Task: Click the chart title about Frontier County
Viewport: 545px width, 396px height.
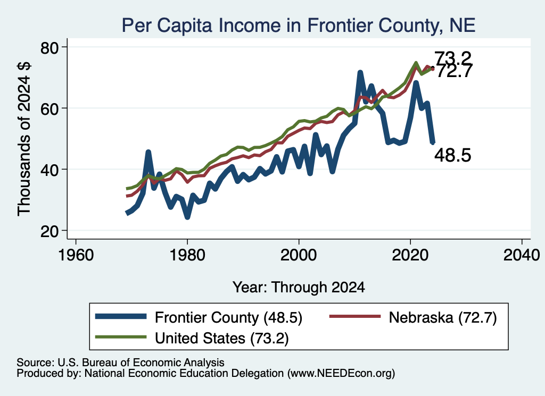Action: [x=299, y=26]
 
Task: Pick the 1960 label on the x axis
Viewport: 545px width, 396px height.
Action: [x=76, y=256]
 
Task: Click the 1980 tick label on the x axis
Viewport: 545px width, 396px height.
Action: [x=187, y=256]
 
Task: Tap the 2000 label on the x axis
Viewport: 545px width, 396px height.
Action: [x=299, y=256]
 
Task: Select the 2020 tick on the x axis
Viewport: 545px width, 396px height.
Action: [x=410, y=256]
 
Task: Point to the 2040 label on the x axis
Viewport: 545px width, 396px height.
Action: [x=522, y=256]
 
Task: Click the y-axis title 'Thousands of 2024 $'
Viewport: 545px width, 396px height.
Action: [x=24, y=139]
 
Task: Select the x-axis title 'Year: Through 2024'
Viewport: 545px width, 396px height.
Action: [x=299, y=288]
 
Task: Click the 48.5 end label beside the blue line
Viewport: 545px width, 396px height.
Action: [x=453, y=155]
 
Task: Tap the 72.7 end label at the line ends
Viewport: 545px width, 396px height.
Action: [x=453, y=72]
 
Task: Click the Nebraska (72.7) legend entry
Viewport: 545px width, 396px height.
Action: [x=413, y=317]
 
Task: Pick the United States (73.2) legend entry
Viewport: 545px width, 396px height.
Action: [x=192, y=338]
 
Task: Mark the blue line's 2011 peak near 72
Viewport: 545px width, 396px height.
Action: [x=360, y=72]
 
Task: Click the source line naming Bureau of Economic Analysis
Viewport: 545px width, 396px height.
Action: [x=120, y=363]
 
